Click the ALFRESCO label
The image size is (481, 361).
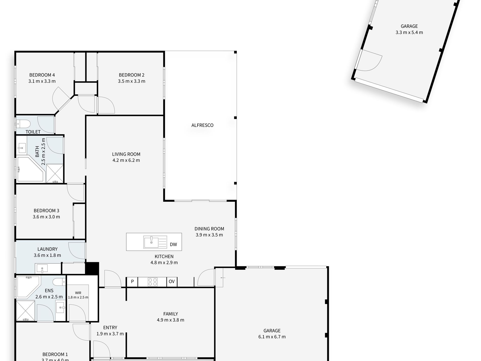click(202, 125)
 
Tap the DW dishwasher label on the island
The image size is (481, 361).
click(173, 244)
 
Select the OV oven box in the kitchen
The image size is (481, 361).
click(172, 282)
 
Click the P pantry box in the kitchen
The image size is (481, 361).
click(132, 282)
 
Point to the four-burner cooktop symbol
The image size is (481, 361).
click(152, 282)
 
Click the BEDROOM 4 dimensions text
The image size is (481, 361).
click(42, 81)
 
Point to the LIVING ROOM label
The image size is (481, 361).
click(126, 154)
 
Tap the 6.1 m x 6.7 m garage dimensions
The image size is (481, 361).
click(272, 337)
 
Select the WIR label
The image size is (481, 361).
click(78, 293)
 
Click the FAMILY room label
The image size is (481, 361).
click(171, 314)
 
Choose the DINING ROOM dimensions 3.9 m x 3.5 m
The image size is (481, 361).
click(209, 235)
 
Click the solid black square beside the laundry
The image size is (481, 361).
click(92, 268)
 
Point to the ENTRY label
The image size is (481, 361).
click(110, 328)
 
